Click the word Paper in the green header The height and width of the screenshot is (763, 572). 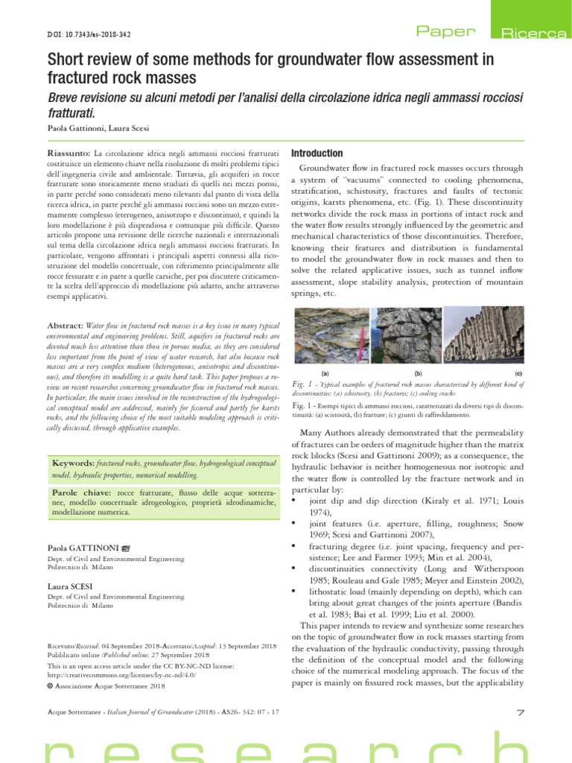click(445, 31)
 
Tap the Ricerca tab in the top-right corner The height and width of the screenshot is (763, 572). click(533, 33)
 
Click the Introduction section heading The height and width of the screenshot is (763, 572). click(317, 153)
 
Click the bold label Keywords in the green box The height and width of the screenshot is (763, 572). click(72, 463)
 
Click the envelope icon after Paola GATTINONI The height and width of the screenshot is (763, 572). click(126, 548)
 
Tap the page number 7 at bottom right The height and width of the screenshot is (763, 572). click(520, 714)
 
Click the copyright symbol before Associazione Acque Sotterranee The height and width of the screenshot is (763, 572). click(48, 686)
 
